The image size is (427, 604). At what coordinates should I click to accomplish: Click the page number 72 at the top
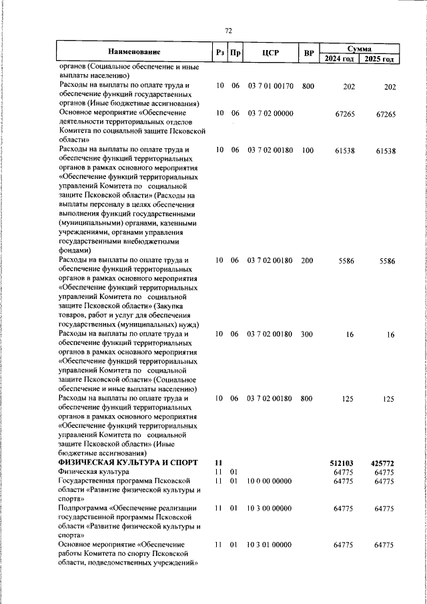coord(228,31)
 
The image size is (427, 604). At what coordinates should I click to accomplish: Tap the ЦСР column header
coord(270,53)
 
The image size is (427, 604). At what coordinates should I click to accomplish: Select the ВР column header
coord(308,53)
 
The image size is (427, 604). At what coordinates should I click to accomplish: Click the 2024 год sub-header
coord(340,59)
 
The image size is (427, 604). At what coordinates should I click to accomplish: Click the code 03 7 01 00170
coord(270,86)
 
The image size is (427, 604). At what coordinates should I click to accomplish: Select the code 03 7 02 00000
coord(270,114)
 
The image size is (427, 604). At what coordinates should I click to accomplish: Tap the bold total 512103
coord(342,463)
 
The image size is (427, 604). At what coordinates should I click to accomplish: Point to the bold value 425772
coord(383,463)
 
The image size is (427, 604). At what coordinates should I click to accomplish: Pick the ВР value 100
coord(307,151)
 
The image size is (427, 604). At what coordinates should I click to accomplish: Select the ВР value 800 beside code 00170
coord(307,86)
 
